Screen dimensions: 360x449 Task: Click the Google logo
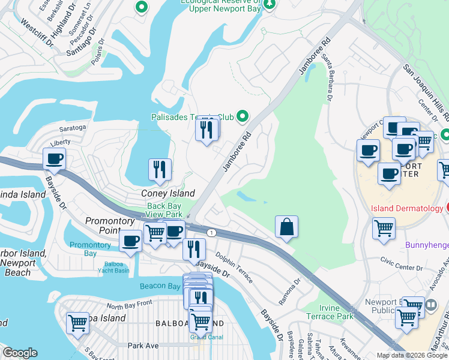point(20,353)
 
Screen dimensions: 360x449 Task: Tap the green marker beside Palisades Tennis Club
point(243,116)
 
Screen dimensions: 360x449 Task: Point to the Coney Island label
point(168,193)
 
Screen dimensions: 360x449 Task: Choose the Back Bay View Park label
point(164,210)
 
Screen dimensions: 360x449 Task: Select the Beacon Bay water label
point(160,286)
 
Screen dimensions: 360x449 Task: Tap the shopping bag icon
point(287,227)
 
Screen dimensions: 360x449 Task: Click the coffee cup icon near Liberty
point(54,159)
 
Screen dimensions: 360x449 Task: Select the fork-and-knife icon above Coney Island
point(160,170)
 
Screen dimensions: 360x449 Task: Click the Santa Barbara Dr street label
point(329,78)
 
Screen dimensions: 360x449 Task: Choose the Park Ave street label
point(143,346)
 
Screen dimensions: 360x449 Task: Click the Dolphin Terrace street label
point(235,268)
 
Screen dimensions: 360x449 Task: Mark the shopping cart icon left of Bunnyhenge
point(384,228)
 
